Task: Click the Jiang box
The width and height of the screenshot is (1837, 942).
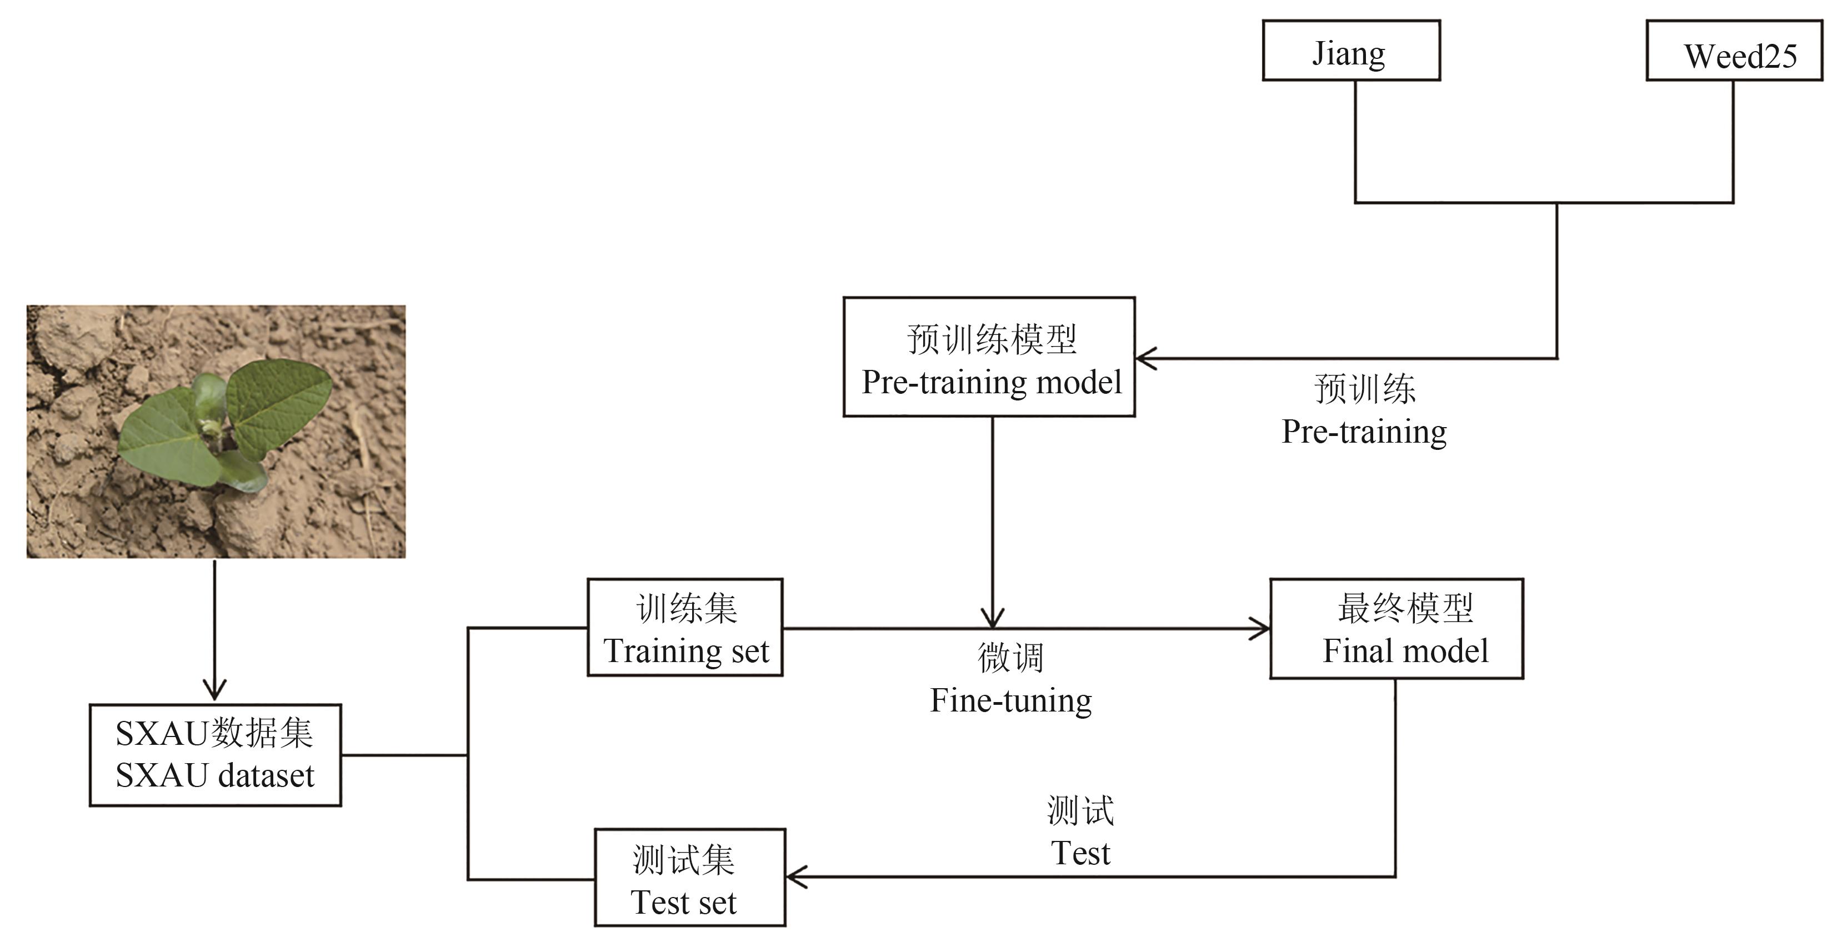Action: click(x=1350, y=51)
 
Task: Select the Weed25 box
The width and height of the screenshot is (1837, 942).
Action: click(x=1734, y=51)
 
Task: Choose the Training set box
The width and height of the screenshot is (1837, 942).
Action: click(x=684, y=628)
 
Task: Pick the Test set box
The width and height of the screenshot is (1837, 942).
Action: click(x=689, y=877)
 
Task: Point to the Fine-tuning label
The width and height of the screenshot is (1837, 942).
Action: click(x=1010, y=700)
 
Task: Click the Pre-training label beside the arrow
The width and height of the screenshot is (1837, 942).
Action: click(x=1364, y=432)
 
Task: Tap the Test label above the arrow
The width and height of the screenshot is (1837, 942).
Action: click(x=1080, y=853)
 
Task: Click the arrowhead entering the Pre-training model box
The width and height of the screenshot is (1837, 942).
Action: click(x=1144, y=358)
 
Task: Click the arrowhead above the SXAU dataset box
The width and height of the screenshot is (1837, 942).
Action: click(x=214, y=692)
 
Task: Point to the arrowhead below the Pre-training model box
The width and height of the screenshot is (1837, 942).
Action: click(x=992, y=618)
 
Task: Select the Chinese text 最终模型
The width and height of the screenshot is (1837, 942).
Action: click(x=1405, y=608)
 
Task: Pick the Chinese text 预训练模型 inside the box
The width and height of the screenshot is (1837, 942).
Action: click(x=991, y=339)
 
